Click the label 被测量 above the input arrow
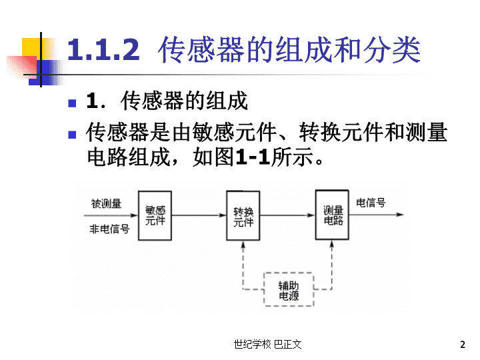click(x=106, y=203)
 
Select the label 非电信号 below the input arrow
click(x=109, y=229)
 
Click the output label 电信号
click(x=371, y=203)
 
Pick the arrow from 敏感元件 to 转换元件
click(x=199, y=215)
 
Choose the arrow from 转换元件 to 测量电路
click(x=288, y=215)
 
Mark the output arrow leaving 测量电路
click(x=377, y=215)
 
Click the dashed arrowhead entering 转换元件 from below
click(x=243, y=244)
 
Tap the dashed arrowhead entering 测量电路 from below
click(x=332, y=244)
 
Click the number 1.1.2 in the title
click(x=103, y=49)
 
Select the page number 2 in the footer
click(x=463, y=345)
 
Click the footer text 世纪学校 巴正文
click(x=267, y=345)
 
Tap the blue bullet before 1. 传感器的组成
click(x=72, y=103)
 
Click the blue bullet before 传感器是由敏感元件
click(x=72, y=135)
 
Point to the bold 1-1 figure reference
click(x=253, y=157)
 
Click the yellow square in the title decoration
click(x=31, y=48)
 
